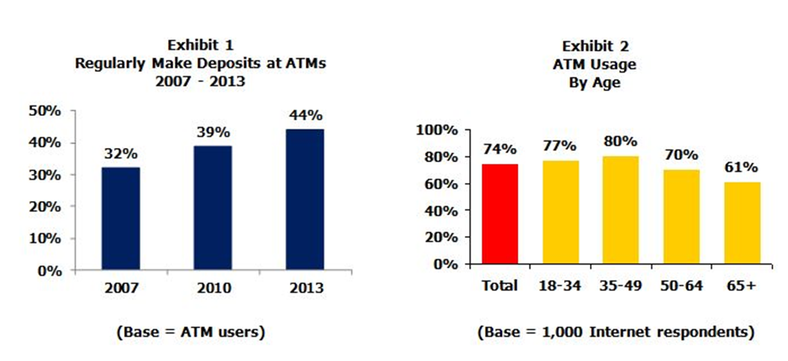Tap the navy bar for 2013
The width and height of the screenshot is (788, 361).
pyautogui.click(x=305, y=200)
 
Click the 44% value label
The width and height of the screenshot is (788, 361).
pyautogui.click(x=306, y=115)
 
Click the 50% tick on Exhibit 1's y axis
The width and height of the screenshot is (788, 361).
pyautogui.click(x=45, y=111)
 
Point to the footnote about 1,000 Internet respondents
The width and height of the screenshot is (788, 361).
pyautogui.click(x=615, y=330)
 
